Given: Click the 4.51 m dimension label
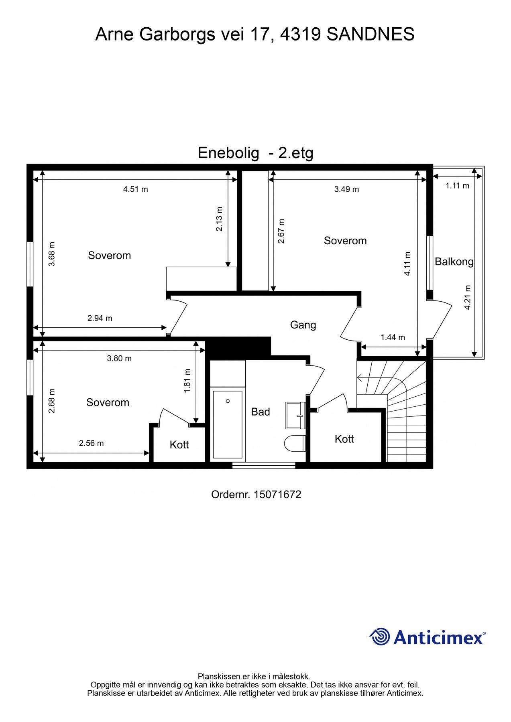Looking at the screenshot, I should [x=135, y=189].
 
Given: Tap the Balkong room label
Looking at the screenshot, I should [x=454, y=262].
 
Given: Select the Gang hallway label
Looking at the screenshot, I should [x=303, y=325].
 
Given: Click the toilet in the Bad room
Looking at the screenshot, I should [x=295, y=443].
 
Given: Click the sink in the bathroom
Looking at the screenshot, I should [x=296, y=416].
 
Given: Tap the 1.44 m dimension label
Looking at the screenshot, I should [x=393, y=337].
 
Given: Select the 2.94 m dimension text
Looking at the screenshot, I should [x=100, y=318].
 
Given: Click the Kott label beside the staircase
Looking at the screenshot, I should [x=344, y=439].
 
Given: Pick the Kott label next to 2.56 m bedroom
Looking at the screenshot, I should [x=179, y=445].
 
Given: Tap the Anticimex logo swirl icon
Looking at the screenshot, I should [x=379, y=637].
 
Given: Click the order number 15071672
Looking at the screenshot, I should [x=277, y=495].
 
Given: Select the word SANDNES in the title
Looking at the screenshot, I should [x=370, y=34].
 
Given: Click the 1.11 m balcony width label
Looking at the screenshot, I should [x=457, y=186].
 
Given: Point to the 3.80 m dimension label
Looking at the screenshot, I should [x=119, y=359].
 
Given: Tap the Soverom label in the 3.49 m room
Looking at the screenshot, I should [x=345, y=241].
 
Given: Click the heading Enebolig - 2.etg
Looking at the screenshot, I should [x=255, y=153].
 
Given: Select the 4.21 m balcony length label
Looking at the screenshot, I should [x=467, y=297].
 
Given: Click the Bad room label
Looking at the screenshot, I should [x=260, y=412].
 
